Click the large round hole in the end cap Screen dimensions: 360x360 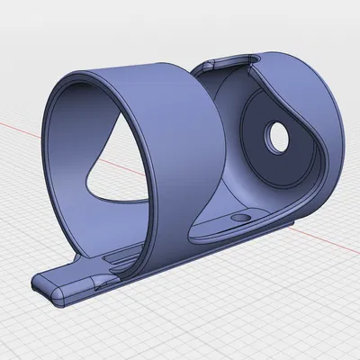274,138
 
